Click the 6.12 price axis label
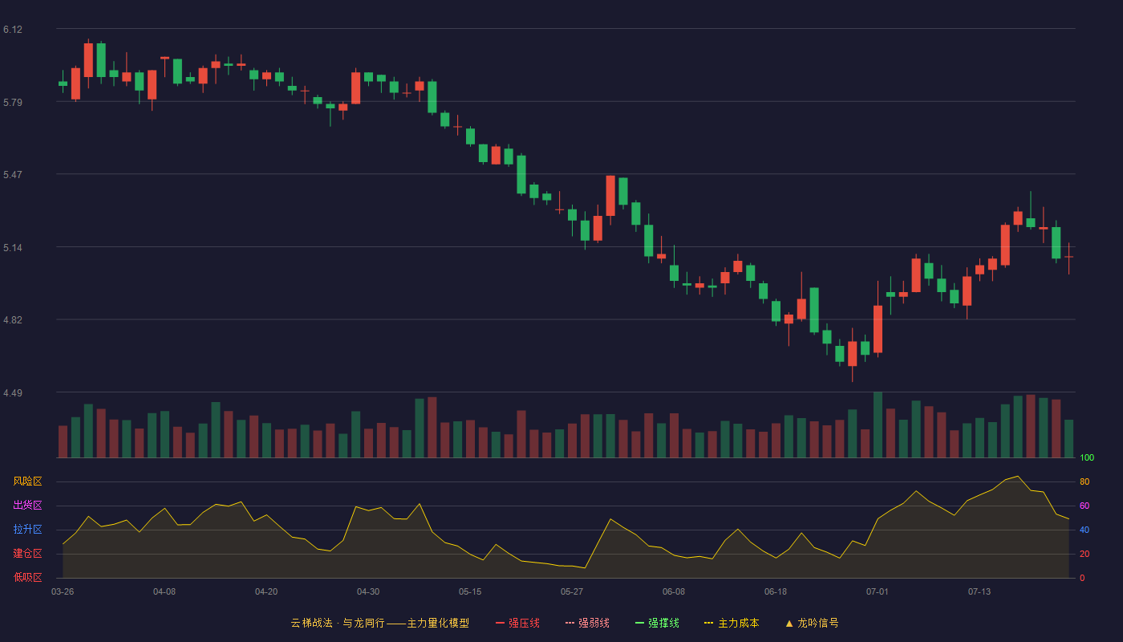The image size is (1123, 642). click(x=13, y=30)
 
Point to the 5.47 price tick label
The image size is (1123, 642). click(x=13, y=175)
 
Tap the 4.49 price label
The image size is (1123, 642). click(x=13, y=392)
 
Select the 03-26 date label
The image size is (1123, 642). click(x=63, y=592)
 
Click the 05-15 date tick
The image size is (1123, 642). click(x=470, y=592)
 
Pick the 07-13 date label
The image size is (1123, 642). click(x=979, y=592)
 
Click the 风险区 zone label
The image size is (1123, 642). click(x=27, y=481)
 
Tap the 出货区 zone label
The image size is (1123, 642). click(x=27, y=505)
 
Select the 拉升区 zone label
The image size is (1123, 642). click(x=27, y=529)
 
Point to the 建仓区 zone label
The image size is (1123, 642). click(x=27, y=553)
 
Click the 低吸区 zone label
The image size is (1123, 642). click(x=27, y=577)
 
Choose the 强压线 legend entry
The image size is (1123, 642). click(x=517, y=623)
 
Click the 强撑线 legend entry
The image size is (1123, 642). click(x=657, y=623)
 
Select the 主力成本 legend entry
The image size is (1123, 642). click(x=732, y=623)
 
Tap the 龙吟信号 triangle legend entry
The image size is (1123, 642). click(x=812, y=623)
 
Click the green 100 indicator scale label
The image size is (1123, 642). click(x=1087, y=457)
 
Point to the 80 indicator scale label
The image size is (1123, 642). click(x=1084, y=481)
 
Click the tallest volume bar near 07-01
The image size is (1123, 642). click(x=878, y=425)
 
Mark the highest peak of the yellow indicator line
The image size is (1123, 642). click(x=1018, y=476)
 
